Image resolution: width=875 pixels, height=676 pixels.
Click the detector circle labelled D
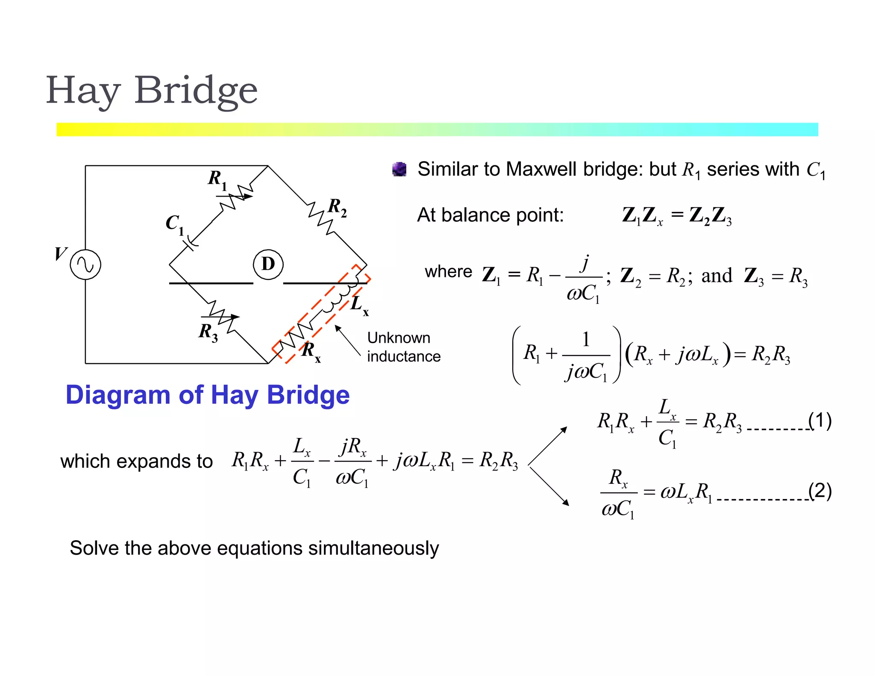[268, 265]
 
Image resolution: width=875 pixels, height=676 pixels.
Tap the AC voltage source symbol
[85, 265]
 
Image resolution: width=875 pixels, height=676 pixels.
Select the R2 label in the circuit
[337, 207]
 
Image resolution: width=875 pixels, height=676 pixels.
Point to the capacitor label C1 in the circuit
[174, 224]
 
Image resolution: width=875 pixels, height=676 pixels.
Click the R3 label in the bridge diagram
[208, 332]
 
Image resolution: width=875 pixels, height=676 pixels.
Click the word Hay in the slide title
[83, 91]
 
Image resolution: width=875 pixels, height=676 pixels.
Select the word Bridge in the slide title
[196, 91]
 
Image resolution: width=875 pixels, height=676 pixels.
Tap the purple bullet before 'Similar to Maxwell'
[399, 170]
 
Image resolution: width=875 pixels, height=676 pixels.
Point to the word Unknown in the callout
[399, 338]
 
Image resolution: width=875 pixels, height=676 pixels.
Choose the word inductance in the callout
[404, 356]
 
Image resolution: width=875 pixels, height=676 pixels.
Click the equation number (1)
[820, 420]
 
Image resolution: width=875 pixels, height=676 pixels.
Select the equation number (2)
[820, 491]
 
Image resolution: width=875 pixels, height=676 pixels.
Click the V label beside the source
[61, 253]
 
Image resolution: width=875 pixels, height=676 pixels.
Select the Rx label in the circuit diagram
[311, 351]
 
